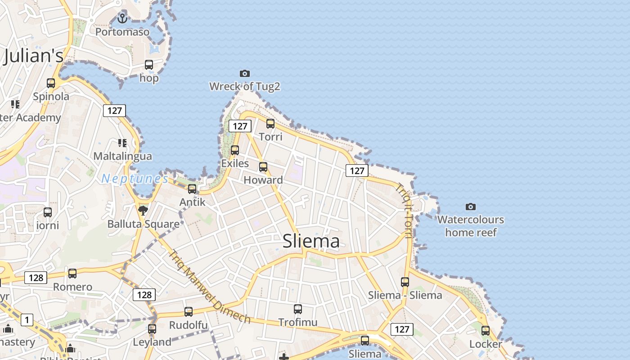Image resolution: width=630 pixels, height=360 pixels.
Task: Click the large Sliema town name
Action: pyautogui.click(x=311, y=241)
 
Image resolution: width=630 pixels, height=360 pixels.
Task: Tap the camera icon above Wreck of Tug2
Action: pyautogui.click(x=244, y=73)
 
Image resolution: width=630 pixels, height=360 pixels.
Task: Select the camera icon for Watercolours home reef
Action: pyautogui.click(x=470, y=207)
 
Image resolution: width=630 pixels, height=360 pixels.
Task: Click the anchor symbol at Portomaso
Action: pyautogui.click(x=122, y=18)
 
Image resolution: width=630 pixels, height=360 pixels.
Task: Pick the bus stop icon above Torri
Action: pyautogui.click(x=270, y=123)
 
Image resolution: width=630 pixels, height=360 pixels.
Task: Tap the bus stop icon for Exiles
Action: pyautogui.click(x=234, y=150)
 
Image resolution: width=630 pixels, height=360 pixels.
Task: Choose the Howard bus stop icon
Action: pyautogui.click(x=263, y=167)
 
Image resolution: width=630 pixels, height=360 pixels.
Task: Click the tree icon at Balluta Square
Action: pyautogui.click(x=143, y=210)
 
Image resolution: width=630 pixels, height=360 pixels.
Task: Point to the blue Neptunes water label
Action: pyautogui.click(x=135, y=179)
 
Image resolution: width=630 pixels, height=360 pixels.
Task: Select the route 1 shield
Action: pyautogui.click(x=27, y=320)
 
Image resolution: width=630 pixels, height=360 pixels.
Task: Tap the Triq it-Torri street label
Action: pyautogui.click(x=404, y=211)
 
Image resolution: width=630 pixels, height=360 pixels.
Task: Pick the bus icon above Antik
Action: pyautogui.click(x=192, y=189)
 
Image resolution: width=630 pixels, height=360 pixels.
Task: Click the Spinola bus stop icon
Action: pyautogui.click(x=51, y=83)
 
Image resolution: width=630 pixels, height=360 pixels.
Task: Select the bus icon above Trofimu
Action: pyautogui.click(x=297, y=309)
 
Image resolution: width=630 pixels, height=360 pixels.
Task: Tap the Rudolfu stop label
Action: pyautogui.click(x=188, y=325)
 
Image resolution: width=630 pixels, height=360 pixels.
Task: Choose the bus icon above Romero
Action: pyautogui.click(x=72, y=274)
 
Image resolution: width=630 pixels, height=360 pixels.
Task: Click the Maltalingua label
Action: pyautogui.click(x=122, y=156)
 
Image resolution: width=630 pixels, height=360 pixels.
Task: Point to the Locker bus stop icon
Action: pyautogui.click(x=485, y=331)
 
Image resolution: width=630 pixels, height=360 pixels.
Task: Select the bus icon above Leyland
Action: pyautogui.click(x=152, y=329)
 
